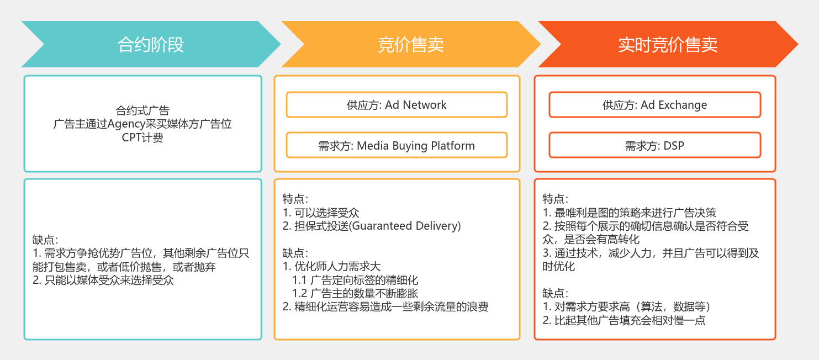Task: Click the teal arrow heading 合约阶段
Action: coord(151,44)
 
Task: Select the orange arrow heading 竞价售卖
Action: coord(410,44)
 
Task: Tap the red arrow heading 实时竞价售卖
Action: coord(668,44)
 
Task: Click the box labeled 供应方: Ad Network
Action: coord(397,105)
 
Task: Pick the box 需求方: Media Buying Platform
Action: coord(397,145)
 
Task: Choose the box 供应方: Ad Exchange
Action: coord(655,105)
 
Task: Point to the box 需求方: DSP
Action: coord(655,145)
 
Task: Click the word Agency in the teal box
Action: coord(126,124)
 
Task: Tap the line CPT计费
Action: coord(142,137)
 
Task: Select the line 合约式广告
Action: coord(142,110)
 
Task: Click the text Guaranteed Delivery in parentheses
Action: coord(405,226)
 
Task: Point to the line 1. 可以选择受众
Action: coord(321,213)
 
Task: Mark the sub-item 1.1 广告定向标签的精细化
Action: coord(355,280)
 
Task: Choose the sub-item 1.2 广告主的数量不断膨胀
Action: coord(355,293)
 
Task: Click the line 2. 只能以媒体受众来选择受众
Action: coord(103,280)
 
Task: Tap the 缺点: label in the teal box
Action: coord(45,240)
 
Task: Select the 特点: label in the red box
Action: coord(556,199)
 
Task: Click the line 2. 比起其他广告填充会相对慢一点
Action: coord(624,320)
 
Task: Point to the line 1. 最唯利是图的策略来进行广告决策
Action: coord(629,213)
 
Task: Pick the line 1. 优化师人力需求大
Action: coord(331,267)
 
